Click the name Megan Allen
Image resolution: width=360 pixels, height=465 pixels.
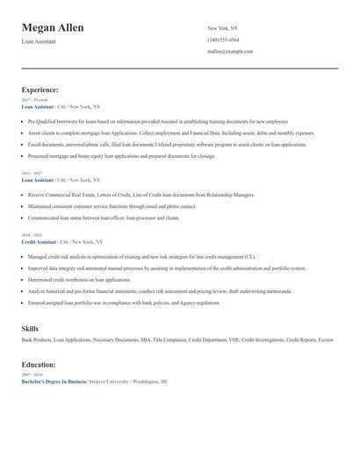(53, 28)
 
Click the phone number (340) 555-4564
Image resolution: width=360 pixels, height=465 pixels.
(223, 40)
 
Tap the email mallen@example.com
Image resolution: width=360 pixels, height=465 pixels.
(230, 52)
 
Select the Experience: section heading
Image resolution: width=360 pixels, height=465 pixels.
(40, 89)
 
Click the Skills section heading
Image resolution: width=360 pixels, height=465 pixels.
(30, 328)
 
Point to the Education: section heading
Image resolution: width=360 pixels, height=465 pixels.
(39, 364)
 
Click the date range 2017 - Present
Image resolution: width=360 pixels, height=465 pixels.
(34, 100)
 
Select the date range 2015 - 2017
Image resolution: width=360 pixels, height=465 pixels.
(32, 174)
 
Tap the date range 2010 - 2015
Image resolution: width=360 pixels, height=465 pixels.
(32, 235)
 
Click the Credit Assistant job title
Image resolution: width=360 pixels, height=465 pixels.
(39, 241)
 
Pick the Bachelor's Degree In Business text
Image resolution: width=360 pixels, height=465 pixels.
(54, 382)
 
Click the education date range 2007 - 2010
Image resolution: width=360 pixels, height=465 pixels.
(32, 376)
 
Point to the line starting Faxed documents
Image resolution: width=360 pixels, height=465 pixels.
(167, 144)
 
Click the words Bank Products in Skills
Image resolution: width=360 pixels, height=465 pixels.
(36, 340)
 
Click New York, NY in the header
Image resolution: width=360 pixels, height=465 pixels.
(222, 28)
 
